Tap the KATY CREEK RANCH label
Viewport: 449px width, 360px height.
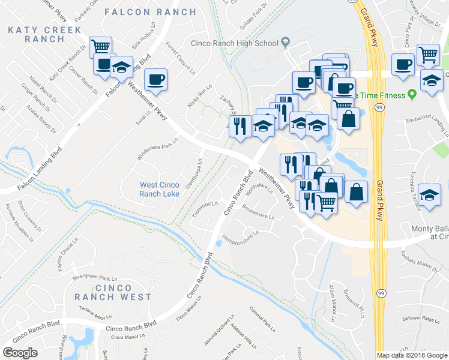pyautogui.click(x=35, y=34)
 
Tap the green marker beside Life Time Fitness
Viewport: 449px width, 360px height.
pyautogui.click(x=412, y=95)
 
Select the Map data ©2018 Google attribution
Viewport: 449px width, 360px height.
pyautogui.click(x=412, y=355)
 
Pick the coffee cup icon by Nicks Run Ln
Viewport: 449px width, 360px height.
pyautogui.click(x=156, y=80)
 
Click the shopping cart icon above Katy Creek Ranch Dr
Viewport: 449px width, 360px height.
pyautogui.click(x=101, y=47)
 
